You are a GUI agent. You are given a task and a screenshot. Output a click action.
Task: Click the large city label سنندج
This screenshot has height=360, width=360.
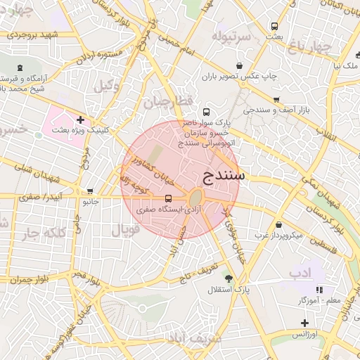tap(223, 174)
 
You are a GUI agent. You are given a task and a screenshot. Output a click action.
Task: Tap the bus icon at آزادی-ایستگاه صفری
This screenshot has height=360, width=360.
tap(168, 199)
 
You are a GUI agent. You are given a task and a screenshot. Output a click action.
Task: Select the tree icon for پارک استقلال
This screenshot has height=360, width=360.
tap(226, 276)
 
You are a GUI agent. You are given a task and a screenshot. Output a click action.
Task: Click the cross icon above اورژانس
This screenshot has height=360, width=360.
tap(304, 323)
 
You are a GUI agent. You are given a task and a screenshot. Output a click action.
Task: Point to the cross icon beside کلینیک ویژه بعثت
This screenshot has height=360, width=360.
tap(81, 120)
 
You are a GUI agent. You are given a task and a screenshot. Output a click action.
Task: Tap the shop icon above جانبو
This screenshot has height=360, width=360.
tap(89, 191)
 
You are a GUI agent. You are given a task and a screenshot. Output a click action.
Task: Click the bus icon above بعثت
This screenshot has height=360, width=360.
tap(274, 26)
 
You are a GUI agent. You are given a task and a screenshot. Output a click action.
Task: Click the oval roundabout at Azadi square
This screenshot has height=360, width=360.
tap(196, 198)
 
